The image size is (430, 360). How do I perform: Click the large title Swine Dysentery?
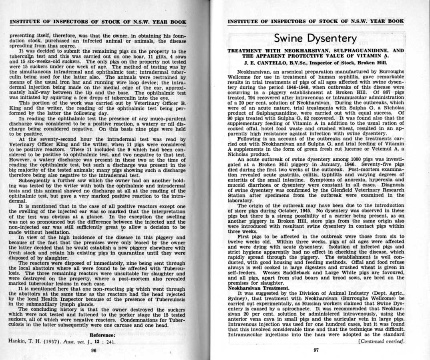tap(315, 38)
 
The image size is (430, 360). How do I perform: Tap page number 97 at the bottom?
tap(315, 349)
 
